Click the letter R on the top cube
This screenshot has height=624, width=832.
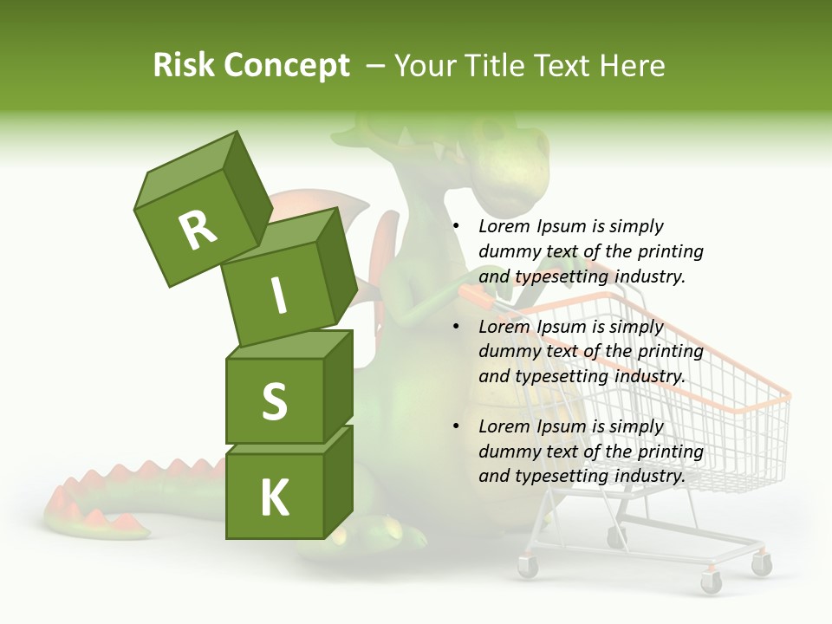coord(198,230)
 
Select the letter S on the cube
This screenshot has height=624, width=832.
coord(274,401)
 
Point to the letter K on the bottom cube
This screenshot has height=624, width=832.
coord(274,498)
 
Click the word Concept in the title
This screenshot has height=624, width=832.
coord(286,66)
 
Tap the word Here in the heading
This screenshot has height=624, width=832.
coord(632,66)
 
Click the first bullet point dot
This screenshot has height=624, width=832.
coord(456,226)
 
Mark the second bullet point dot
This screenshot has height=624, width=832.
coord(456,327)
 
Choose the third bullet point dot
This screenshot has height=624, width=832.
coord(456,426)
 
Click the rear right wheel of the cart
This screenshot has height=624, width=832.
coord(761,565)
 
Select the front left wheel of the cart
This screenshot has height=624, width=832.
coord(528,567)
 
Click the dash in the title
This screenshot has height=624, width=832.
coord(375,66)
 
